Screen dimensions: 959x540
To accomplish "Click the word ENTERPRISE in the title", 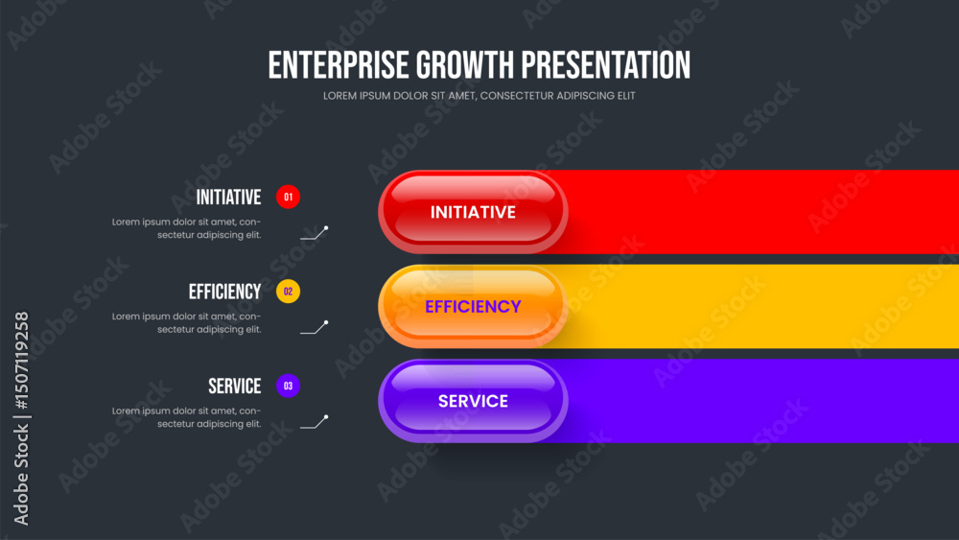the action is click(x=339, y=65).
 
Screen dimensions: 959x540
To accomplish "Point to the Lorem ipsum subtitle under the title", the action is click(x=479, y=96).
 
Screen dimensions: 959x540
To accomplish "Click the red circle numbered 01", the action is click(x=288, y=197).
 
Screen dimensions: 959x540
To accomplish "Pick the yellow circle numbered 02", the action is click(x=288, y=292).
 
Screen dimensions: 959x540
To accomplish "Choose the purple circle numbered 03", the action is click(x=288, y=386).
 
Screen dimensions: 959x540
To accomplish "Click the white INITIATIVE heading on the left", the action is click(x=229, y=197).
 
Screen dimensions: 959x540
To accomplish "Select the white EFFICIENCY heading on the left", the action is click(x=225, y=292).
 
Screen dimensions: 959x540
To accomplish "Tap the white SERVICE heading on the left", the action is click(x=235, y=386).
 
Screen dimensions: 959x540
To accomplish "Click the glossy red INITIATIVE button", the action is click(x=473, y=212).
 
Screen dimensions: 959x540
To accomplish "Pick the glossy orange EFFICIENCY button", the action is click(x=473, y=306).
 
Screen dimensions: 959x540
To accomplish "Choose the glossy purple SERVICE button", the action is click(x=473, y=401).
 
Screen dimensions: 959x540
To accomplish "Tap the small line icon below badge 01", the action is click(x=315, y=234).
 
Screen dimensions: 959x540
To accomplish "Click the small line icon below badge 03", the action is click(x=315, y=423).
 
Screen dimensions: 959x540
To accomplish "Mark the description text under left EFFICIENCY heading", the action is click(x=187, y=323).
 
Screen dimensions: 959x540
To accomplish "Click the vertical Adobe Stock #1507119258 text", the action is click(x=21, y=418).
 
